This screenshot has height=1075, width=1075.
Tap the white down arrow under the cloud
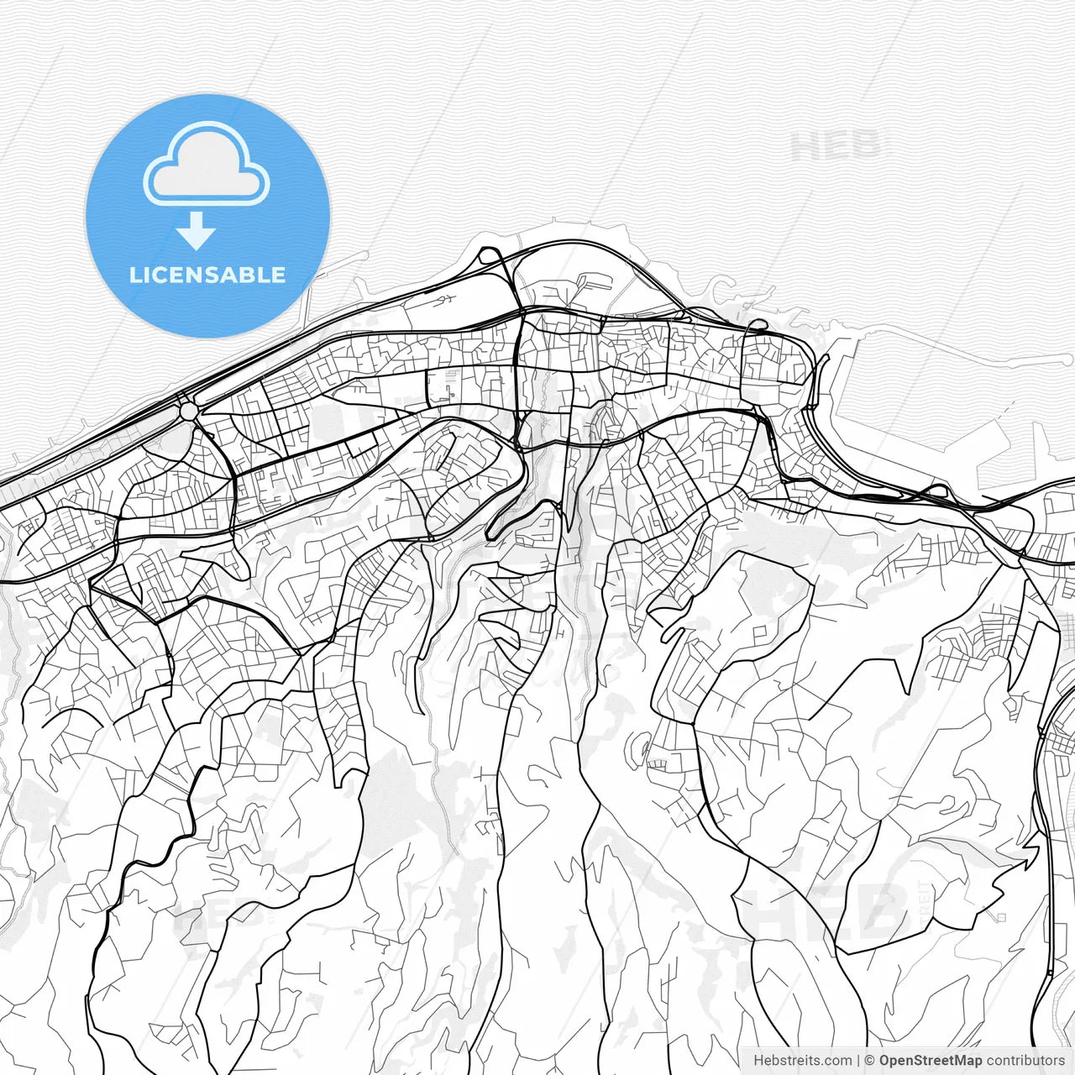(196, 230)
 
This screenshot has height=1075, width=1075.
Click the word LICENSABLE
(207, 275)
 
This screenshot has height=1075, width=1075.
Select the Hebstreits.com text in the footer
(802, 1061)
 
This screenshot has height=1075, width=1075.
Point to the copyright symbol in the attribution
(869, 1061)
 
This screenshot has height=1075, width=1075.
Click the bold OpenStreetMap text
(930, 1061)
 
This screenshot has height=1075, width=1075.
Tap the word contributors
(1025, 1061)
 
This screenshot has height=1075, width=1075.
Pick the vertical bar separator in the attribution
(858, 1061)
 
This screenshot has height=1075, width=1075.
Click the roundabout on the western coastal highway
(189, 412)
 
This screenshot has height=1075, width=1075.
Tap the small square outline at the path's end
(999, 917)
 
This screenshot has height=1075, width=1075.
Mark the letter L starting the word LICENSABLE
(134, 275)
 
